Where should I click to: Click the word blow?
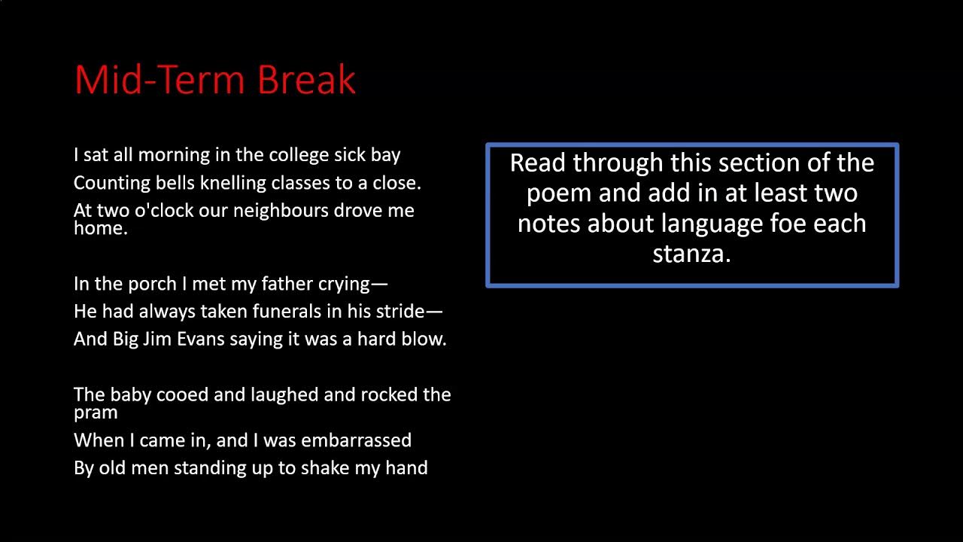(425, 339)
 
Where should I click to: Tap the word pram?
(96, 413)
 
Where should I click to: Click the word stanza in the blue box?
(691, 254)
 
